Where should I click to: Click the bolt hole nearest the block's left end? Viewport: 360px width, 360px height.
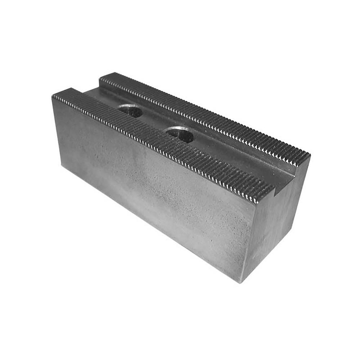pyautogui.click(x=130, y=110)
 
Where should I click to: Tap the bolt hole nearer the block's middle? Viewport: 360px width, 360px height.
pyautogui.click(x=180, y=134)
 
